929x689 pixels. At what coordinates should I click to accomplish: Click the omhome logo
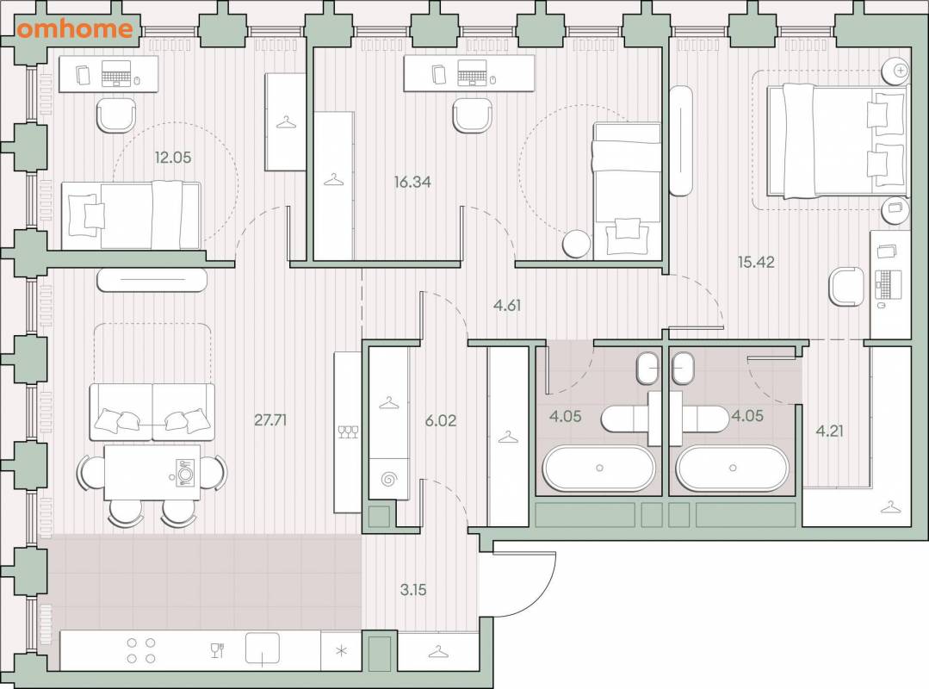click(75, 29)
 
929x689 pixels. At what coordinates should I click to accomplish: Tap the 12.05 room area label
click(173, 158)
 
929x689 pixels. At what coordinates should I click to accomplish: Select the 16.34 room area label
click(412, 182)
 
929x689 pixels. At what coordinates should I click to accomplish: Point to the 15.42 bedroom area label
click(756, 262)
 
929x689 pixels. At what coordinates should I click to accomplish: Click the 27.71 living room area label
click(270, 420)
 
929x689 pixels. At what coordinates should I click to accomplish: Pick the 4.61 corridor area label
click(507, 305)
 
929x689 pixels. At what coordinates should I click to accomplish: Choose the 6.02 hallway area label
click(441, 420)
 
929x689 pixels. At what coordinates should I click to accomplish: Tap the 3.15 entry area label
click(413, 590)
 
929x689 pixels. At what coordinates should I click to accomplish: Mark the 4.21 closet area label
click(829, 431)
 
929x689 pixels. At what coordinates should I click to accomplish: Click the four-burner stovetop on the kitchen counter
click(141, 650)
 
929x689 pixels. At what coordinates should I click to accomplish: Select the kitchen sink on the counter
click(263, 649)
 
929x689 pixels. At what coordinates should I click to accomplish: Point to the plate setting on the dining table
click(184, 474)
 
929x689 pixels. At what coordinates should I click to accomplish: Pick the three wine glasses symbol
click(348, 431)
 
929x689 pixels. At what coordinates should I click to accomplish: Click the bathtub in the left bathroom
click(599, 468)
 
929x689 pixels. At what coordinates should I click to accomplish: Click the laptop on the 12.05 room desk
click(116, 73)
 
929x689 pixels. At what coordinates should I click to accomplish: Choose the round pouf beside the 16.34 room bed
click(576, 244)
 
